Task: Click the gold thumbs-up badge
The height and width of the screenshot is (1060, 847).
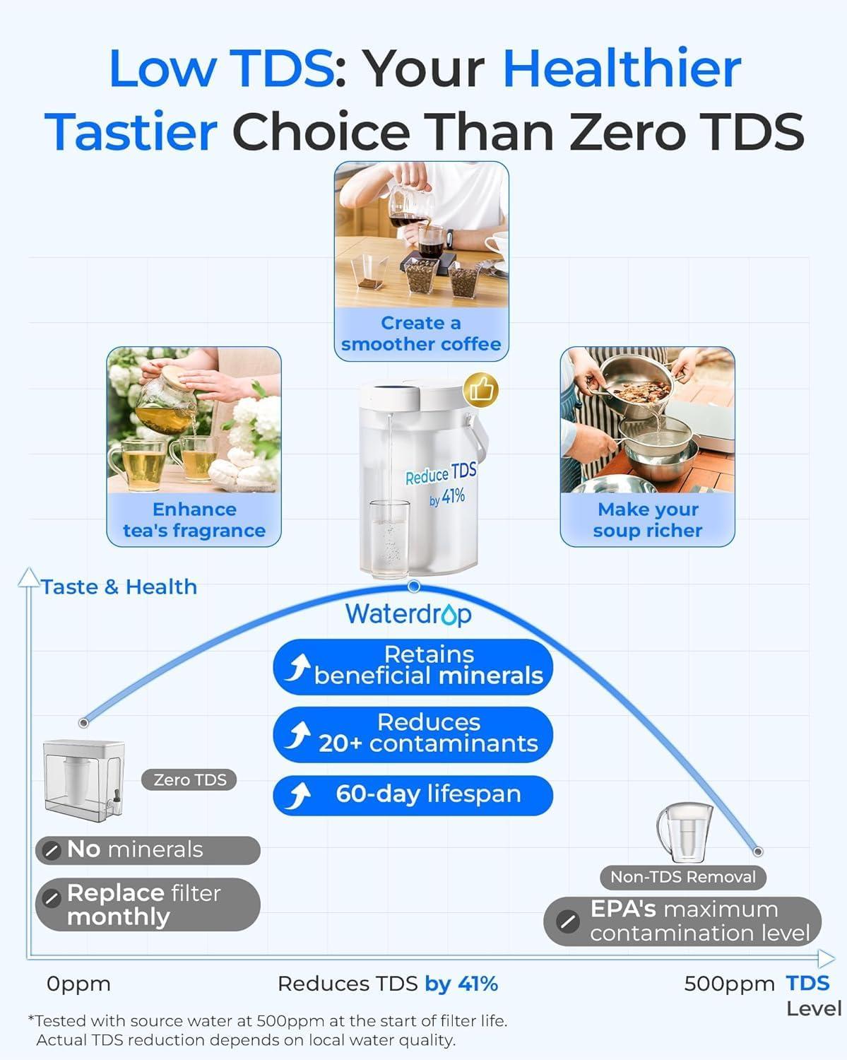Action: (481, 389)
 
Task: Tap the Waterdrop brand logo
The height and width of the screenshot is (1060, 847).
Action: (408, 614)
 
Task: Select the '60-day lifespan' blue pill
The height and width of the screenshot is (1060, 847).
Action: (413, 795)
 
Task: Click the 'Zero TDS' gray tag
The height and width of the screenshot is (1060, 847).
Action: (190, 780)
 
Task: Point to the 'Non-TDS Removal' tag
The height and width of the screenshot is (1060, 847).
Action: (682, 877)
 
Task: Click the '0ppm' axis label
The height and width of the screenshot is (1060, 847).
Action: (78, 984)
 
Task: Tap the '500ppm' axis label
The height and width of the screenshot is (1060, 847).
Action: (729, 984)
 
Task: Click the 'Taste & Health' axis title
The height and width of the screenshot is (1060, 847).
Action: (119, 587)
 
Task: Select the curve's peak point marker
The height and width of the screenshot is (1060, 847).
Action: (415, 587)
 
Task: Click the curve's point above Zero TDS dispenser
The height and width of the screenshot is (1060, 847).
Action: (84, 722)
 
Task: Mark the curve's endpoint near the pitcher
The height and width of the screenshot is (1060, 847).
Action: (758, 852)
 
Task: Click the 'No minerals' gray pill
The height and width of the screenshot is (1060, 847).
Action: (148, 850)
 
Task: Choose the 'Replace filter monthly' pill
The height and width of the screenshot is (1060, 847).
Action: (148, 905)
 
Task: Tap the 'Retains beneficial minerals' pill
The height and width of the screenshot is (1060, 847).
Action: (413, 666)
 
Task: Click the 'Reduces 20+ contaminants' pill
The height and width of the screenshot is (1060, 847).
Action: (413, 734)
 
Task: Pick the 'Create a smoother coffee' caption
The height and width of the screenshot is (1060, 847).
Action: (421, 334)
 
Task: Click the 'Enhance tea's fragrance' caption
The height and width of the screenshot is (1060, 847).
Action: (194, 520)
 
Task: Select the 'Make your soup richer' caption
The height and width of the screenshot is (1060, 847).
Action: (648, 520)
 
